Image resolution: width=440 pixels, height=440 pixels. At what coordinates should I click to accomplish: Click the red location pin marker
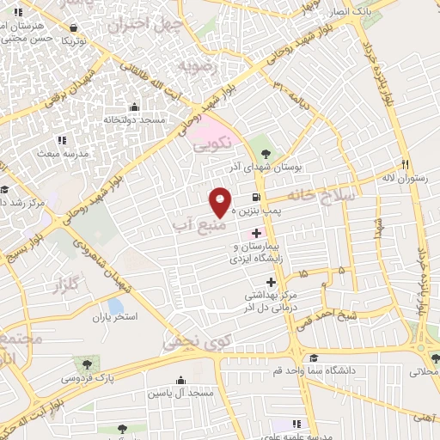tap(221, 202)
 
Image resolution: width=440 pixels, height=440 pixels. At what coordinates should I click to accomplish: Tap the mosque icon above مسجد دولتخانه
tap(133, 107)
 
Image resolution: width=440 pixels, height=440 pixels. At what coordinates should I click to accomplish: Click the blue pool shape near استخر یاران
tap(115, 304)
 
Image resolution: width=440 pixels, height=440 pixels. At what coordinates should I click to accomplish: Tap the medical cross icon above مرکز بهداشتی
tap(272, 282)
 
